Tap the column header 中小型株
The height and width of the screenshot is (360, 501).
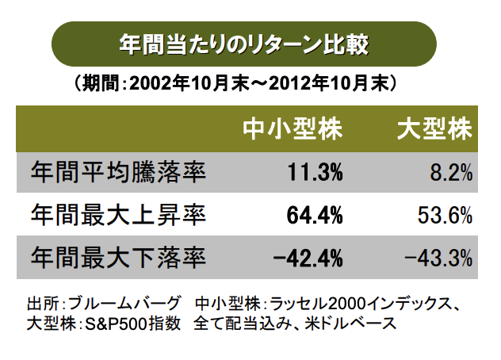pyautogui.click(x=293, y=129)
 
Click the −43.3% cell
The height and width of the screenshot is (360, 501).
pyautogui.click(x=438, y=258)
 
